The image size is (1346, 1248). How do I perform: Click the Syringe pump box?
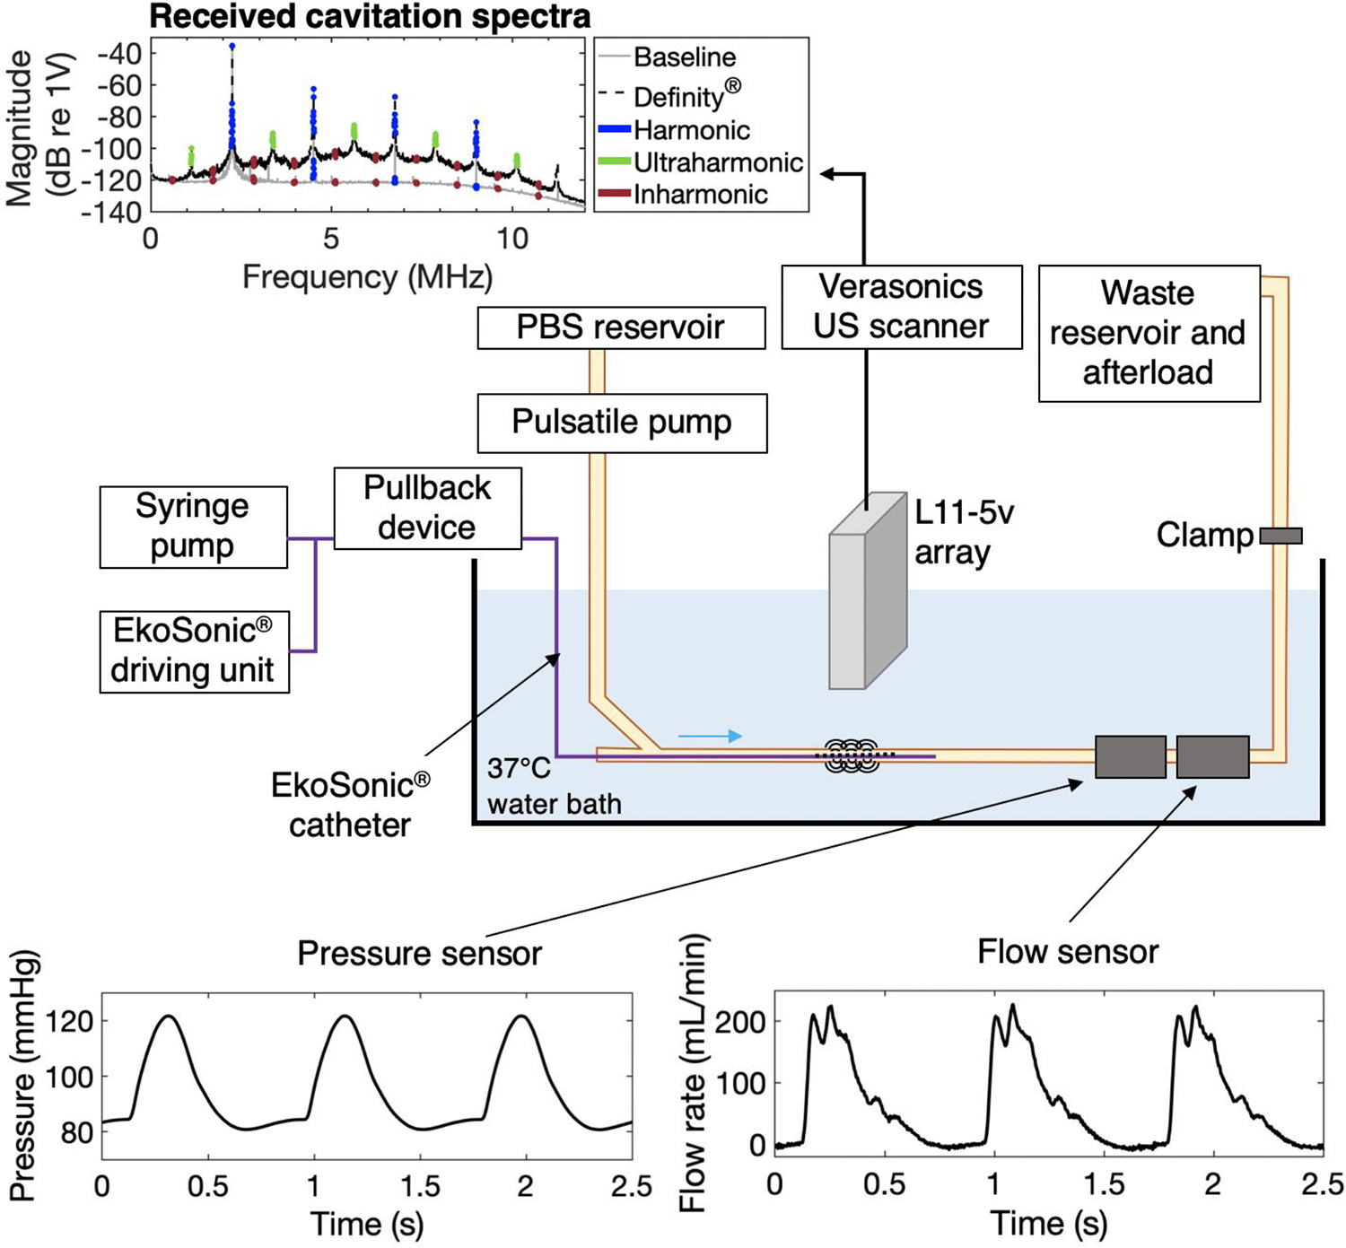[x=193, y=527]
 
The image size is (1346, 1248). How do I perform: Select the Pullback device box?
[x=427, y=508]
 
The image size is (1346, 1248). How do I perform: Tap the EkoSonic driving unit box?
[x=194, y=651]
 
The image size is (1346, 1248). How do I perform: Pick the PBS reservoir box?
[x=621, y=327]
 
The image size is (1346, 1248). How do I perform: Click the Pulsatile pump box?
[x=622, y=423]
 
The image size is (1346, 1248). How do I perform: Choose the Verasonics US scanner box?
[x=901, y=307]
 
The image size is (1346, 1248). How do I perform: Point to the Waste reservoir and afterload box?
[x=1149, y=333]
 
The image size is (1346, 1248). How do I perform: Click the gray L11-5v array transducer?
[x=866, y=592]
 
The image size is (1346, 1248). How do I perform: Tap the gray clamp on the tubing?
[x=1280, y=536]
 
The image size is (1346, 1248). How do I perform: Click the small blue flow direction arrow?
[x=710, y=737]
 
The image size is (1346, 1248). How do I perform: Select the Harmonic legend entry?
[x=691, y=130]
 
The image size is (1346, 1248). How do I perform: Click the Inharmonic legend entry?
[x=700, y=195]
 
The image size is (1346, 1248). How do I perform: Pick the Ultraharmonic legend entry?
[x=718, y=162]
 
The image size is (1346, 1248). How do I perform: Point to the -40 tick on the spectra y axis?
[x=119, y=54]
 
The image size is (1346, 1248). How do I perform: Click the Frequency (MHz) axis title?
[x=367, y=276]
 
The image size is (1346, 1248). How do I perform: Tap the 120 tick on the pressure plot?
[x=75, y=1021]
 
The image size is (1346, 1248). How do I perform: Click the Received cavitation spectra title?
[x=370, y=16]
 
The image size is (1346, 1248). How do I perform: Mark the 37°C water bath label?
[x=553, y=786]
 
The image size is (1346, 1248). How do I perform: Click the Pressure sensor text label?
[x=419, y=953]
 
